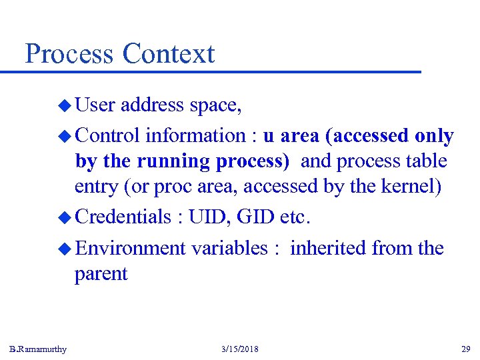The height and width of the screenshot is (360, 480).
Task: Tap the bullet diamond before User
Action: [64, 105]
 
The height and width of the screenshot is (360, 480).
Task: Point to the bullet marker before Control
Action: [64, 136]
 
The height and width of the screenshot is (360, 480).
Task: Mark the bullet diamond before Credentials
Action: [64, 217]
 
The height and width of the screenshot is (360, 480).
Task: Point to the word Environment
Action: [130, 248]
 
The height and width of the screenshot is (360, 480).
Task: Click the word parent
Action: [101, 274]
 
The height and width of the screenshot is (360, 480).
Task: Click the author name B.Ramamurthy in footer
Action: [38, 349]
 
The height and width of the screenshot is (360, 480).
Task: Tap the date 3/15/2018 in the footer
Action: [239, 349]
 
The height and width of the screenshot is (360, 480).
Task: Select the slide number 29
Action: [465, 349]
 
